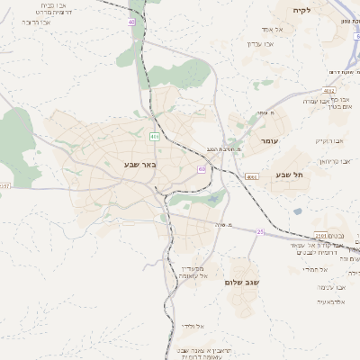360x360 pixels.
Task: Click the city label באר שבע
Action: tap(141, 166)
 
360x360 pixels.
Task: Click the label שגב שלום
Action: tap(242, 282)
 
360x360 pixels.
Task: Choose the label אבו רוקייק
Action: tap(330, 141)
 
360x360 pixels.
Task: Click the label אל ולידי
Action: tap(193, 326)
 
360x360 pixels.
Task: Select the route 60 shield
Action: tap(202, 168)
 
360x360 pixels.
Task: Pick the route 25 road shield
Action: tap(261, 232)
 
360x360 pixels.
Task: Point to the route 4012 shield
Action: tap(329, 90)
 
